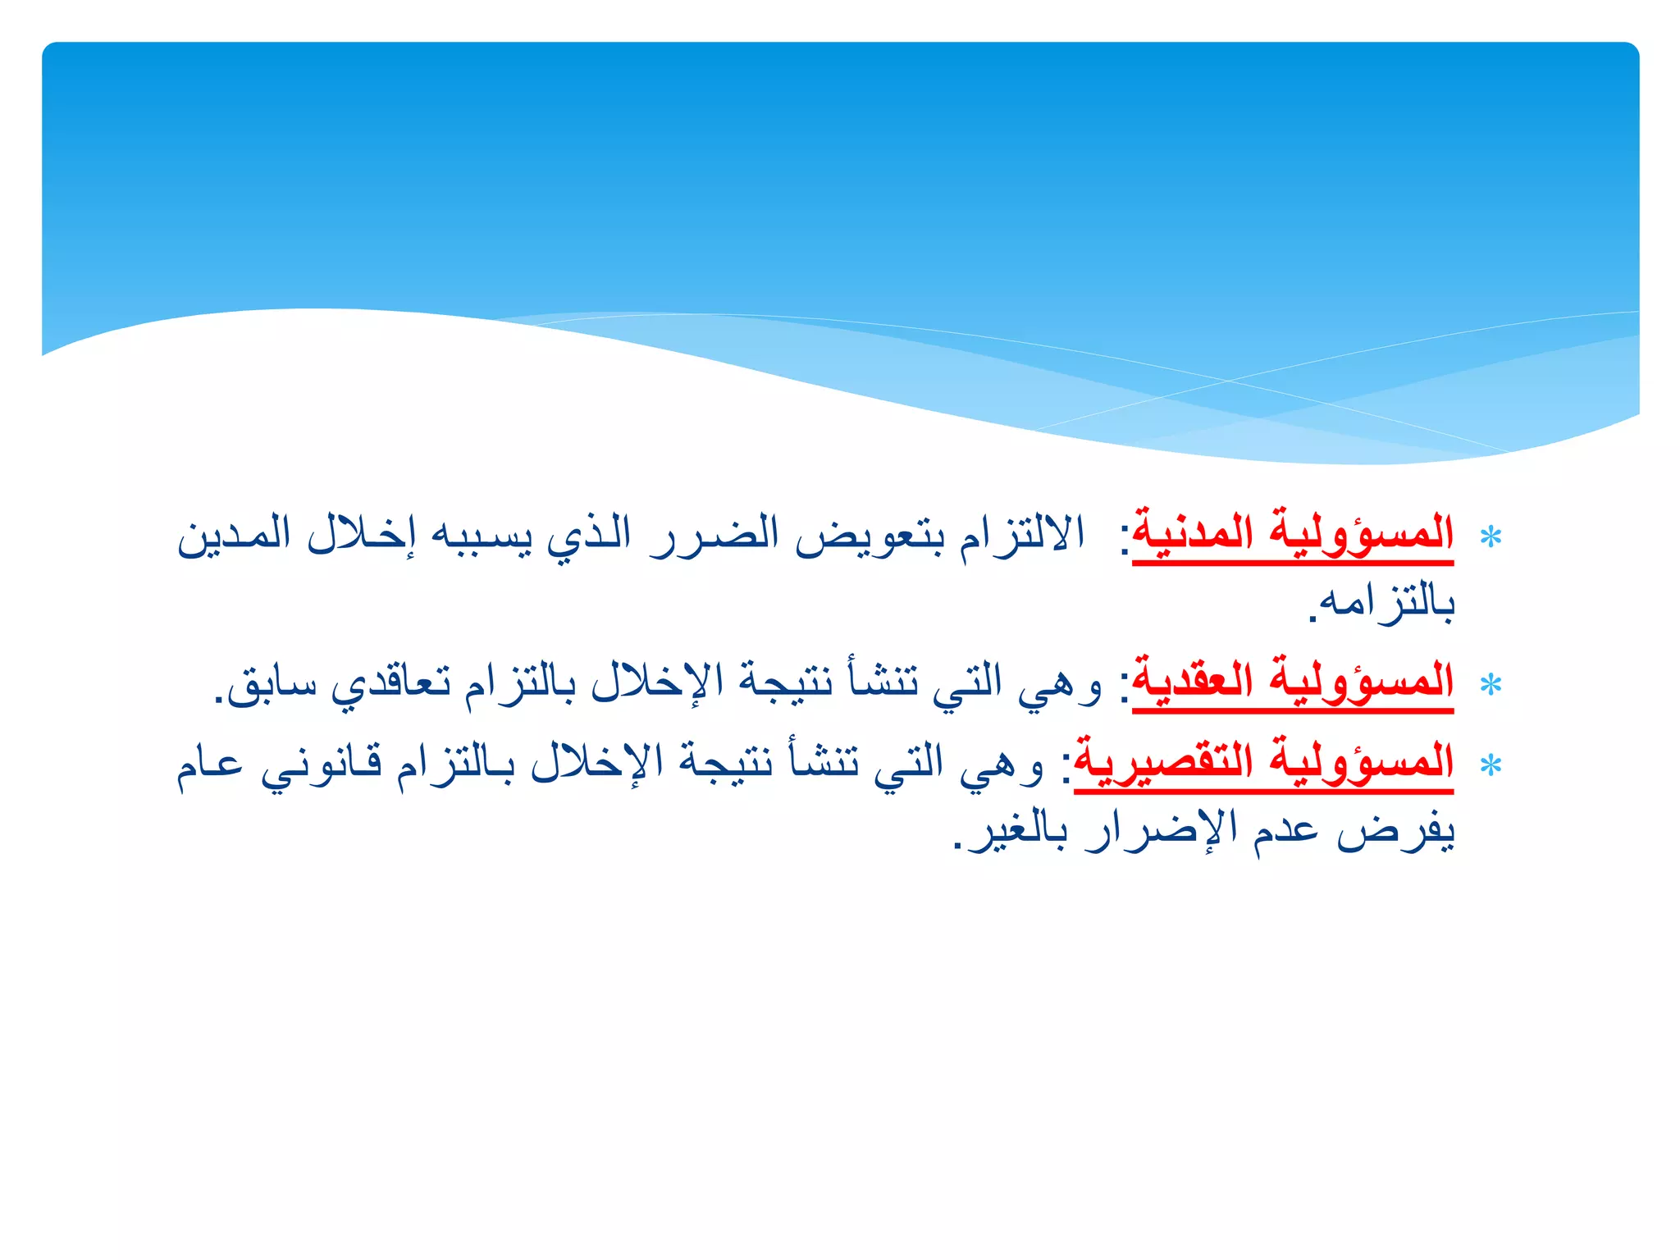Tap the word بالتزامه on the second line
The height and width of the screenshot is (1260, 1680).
click(x=1386, y=603)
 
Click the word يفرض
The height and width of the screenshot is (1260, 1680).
click(x=1395, y=833)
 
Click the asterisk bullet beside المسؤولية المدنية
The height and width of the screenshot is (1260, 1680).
click(x=1491, y=537)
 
